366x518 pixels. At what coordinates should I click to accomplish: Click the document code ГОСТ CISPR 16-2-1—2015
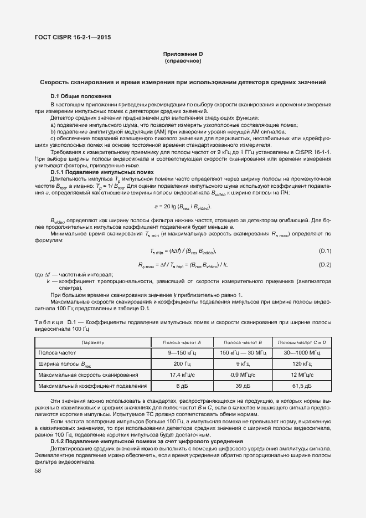coord(72,38)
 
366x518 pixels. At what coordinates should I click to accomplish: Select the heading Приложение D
coord(183,54)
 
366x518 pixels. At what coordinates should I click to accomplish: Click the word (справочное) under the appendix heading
coord(183,60)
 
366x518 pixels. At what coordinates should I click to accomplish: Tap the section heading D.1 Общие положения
coord(81,96)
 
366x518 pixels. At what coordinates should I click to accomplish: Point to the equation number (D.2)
coord(325,264)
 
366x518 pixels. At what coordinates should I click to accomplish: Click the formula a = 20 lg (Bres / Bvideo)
coord(183,206)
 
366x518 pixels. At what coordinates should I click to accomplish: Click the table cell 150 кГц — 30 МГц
coord(244,353)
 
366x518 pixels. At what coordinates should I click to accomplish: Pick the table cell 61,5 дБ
coord(301,386)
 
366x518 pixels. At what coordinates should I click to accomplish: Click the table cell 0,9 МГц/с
coord(244,375)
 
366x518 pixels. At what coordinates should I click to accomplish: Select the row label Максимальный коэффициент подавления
coord(92,386)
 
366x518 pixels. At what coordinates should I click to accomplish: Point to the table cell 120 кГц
coord(301,364)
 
